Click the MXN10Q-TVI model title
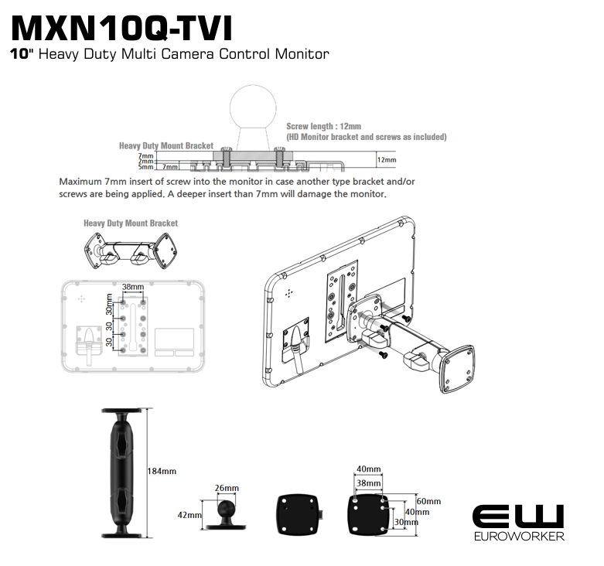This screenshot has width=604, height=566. [121, 29]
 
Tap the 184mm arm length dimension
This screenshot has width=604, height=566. [162, 471]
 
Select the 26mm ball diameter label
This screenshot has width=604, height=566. [227, 488]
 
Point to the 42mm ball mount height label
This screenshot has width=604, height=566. [189, 515]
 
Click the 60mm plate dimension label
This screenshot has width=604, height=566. [428, 501]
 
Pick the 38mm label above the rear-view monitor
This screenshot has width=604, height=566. [133, 287]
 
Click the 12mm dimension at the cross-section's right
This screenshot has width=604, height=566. [387, 160]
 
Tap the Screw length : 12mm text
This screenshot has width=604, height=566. [323, 126]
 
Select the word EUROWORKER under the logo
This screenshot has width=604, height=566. [519, 536]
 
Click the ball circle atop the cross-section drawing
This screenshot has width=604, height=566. [253, 107]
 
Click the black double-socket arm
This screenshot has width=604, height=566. [122, 473]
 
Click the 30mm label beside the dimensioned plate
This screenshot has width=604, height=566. [406, 522]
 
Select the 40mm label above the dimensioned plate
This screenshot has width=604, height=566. [369, 469]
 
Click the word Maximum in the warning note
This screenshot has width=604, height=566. [78, 182]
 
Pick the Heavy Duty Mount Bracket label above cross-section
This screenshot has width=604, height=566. [166, 145]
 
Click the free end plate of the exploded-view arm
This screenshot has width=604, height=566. [458, 369]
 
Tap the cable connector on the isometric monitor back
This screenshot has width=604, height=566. [296, 339]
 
